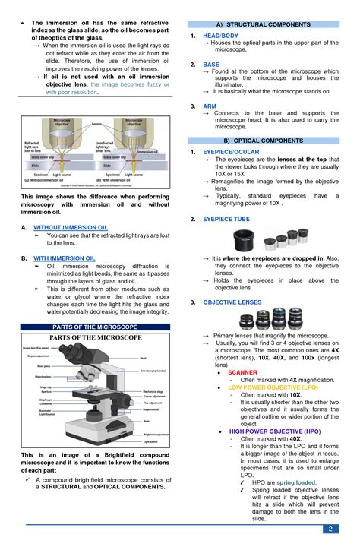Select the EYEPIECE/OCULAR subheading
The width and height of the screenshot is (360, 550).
pos(229,152)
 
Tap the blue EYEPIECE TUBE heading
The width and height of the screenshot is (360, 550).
pos(226,219)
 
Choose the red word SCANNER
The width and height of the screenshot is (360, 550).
pos(242,373)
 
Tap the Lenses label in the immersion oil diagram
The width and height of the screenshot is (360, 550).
pos(96,123)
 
